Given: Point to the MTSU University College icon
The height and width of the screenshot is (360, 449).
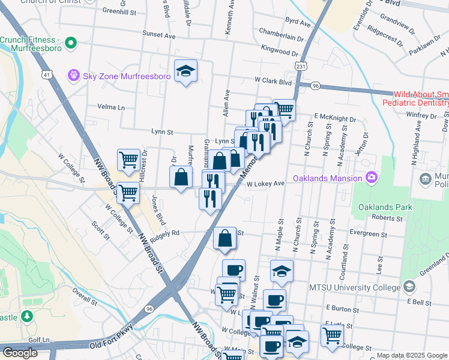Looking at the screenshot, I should pos(409,287).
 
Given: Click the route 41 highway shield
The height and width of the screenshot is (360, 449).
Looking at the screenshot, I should pos(46,74).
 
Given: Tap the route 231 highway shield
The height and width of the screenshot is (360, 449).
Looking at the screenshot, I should pos(301,66).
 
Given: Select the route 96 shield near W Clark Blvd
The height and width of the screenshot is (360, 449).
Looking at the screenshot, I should pos(315,86).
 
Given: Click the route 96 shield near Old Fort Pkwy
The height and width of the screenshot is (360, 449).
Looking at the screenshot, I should pos(149,308).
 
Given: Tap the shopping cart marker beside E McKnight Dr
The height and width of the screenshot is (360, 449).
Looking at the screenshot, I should pos(285,110).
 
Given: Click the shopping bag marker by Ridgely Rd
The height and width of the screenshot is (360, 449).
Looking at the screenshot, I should pos(224,238).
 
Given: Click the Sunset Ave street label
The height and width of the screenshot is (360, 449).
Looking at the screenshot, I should pos(158,36).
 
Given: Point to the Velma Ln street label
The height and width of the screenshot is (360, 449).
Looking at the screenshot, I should pos(112,107).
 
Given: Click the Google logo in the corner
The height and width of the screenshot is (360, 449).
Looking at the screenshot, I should pos(20,353).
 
